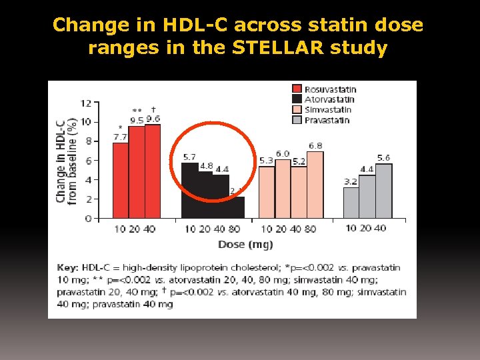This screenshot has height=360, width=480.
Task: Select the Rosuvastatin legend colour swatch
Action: click(297, 89)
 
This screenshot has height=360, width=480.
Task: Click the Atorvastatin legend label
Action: click(331, 99)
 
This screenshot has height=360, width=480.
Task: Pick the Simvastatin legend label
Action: click(328, 110)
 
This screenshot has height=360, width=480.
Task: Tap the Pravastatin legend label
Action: click(327, 120)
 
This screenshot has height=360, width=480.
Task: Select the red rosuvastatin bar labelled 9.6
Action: click(153, 171)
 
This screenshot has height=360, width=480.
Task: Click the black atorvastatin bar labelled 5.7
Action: click(189, 190)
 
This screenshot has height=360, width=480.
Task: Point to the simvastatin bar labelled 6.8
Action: click(315, 185)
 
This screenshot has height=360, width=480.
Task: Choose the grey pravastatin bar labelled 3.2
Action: click(351, 203)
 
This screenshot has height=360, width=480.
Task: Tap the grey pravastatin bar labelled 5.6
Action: click(383, 191)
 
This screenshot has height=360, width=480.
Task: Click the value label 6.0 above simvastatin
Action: click(283, 154)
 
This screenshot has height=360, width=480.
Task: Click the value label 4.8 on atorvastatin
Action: click(206, 165)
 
